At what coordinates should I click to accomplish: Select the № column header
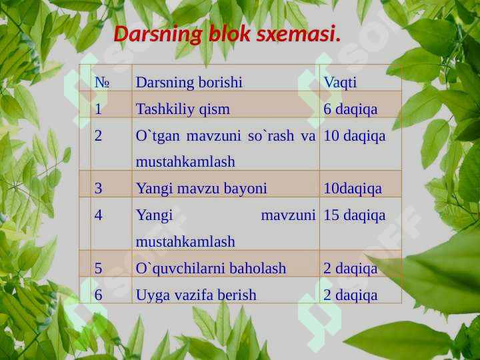point(102,83)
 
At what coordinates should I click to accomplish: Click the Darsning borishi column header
point(189,83)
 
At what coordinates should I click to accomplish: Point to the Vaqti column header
point(340,83)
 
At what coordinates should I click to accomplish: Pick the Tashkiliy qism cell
point(183,109)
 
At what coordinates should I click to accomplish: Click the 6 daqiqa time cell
point(351,109)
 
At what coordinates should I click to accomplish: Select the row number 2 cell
point(99,136)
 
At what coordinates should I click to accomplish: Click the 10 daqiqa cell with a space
point(355,136)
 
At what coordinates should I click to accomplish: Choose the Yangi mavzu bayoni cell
point(201,189)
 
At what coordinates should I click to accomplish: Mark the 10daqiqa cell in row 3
point(353,189)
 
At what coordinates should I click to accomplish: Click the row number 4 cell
point(99,215)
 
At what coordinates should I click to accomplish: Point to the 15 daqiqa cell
point(355,215)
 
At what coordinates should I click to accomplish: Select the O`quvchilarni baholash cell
point(211,269)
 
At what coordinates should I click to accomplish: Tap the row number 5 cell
point(99,269)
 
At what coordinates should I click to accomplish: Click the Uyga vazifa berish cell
point(196,295)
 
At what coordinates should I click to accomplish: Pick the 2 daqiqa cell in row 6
point(351,295)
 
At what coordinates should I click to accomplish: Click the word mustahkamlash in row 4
point(185,241)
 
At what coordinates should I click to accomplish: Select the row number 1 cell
point(99,109)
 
